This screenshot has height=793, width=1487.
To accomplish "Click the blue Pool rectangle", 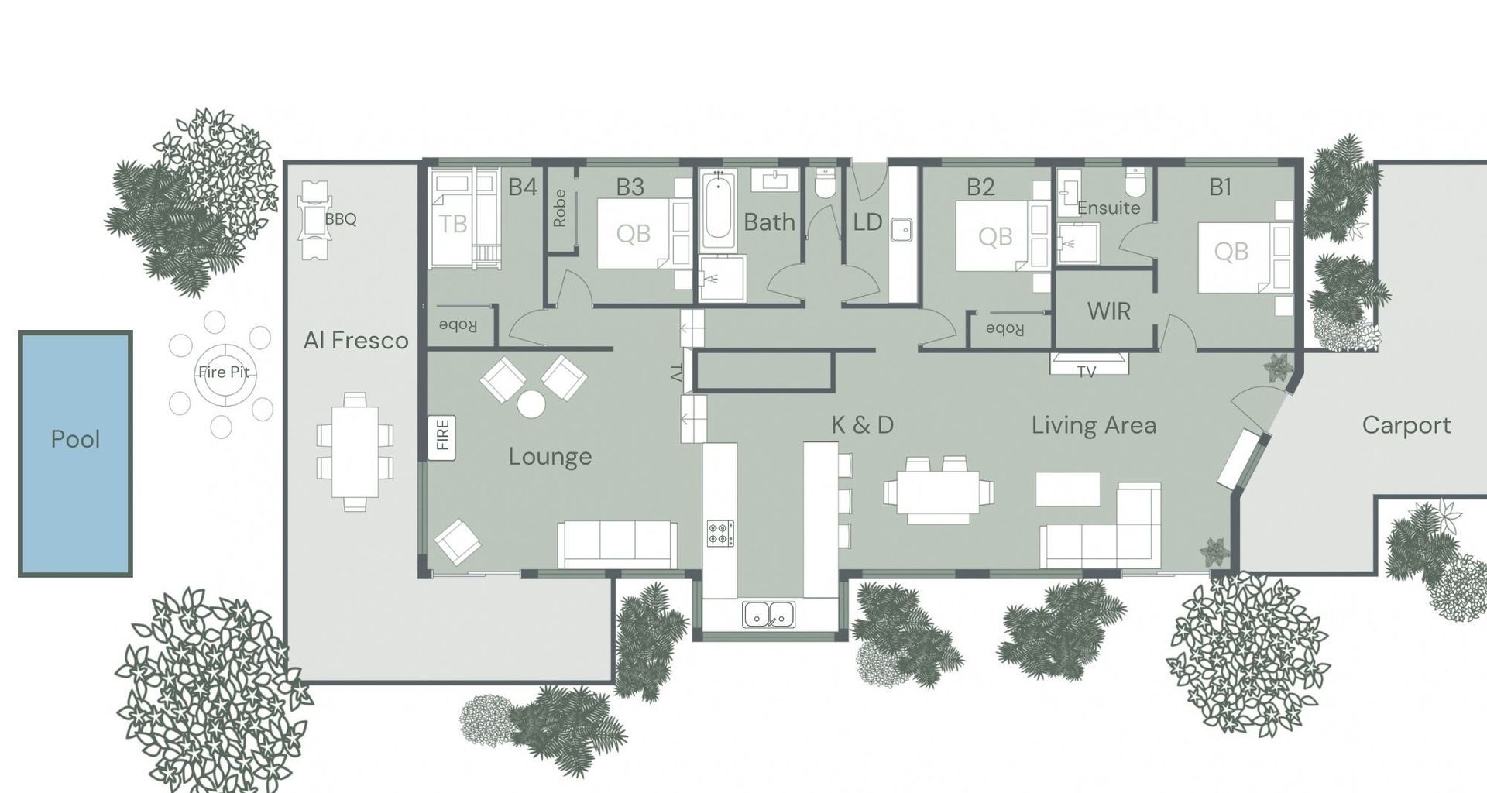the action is tap(75, 454).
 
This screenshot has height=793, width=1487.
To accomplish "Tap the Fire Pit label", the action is tap(224, 372).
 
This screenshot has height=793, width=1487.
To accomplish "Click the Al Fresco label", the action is tap(355, 341).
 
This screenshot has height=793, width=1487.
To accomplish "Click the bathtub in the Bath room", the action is tap(718, 210).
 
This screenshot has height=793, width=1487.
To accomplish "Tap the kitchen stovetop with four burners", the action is tap(720, 534).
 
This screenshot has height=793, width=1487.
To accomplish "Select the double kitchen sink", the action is tap(769, 614).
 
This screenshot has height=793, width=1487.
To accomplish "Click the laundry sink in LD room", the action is tap(901, 230).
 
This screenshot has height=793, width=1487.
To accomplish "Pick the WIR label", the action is tap(1108, 311).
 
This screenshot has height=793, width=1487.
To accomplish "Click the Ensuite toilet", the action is tap(1135, 182).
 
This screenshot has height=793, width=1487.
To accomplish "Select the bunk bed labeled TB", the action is tap(462, 219).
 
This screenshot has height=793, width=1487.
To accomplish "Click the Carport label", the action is tap(1406, 425).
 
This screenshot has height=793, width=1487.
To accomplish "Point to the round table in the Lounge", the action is tap(532, 404).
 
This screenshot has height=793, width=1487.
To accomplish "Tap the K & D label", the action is tap(862, 424).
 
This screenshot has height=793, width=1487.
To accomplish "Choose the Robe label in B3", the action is tap(560, 208).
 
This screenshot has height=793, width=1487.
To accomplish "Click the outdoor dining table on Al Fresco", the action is tap(355, 452).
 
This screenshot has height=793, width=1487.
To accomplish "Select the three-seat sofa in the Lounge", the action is tap(617, 544).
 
